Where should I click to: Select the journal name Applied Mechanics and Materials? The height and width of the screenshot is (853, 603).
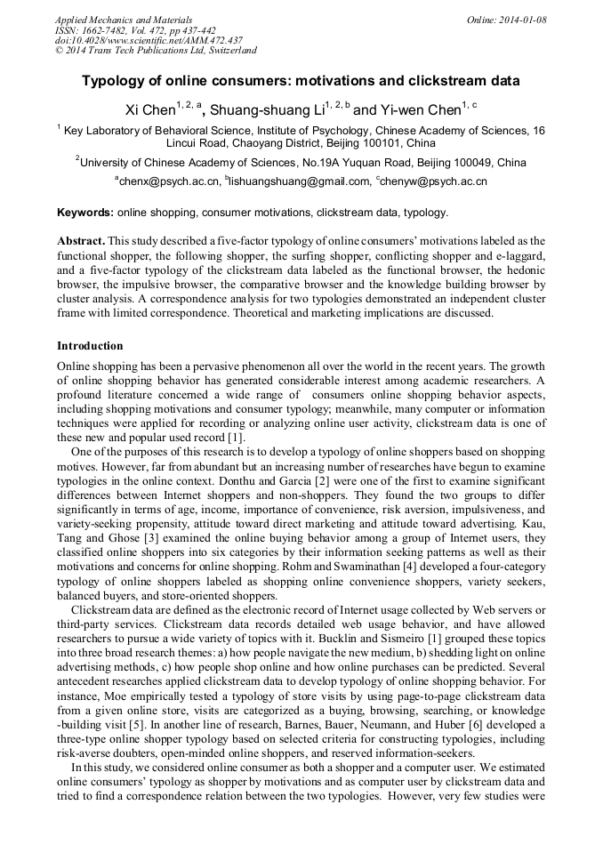(x=124, y=19)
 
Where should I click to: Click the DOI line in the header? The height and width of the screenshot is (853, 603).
(x=149, y=40)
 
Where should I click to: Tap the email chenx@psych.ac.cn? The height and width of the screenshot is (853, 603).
(x=169, y=181)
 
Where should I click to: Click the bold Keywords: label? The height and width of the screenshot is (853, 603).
(x=85, y=213)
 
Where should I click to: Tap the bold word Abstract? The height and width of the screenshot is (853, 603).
(x=81, y=241)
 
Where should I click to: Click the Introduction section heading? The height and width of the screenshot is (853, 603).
(x=90, y=346)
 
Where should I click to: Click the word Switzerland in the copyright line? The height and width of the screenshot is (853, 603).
(x=229, y=51)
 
